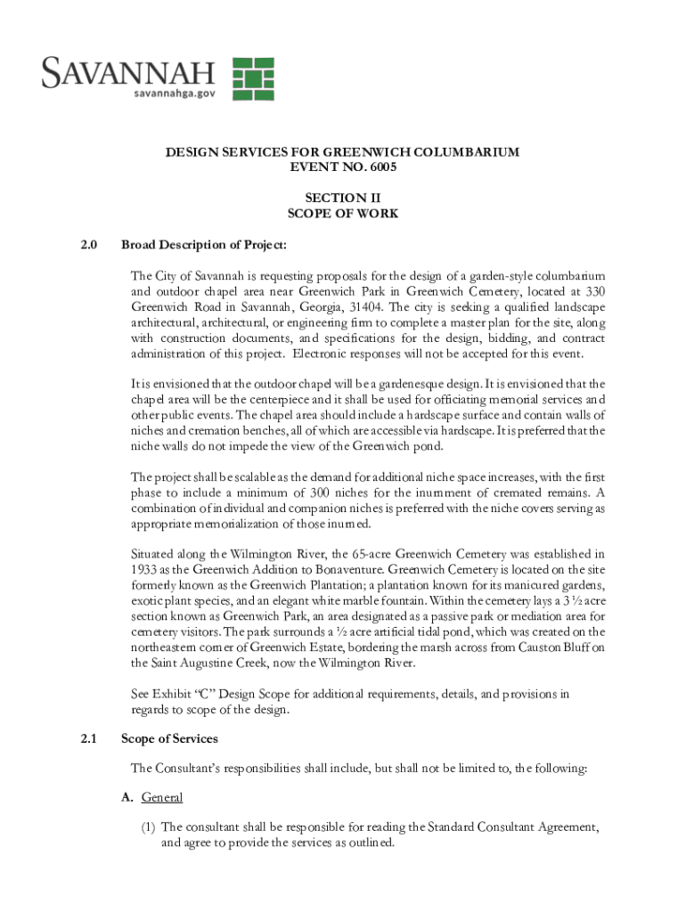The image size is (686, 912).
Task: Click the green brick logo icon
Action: point(253,78)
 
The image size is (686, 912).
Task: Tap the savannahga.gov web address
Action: point(174,92)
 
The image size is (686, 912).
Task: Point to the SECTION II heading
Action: point(342,198)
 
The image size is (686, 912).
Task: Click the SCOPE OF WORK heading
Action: point(342,214)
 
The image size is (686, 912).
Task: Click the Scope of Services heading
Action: point(169,738)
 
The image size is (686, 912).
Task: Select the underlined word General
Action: point(161,797)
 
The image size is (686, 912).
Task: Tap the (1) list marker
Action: point(148,827)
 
